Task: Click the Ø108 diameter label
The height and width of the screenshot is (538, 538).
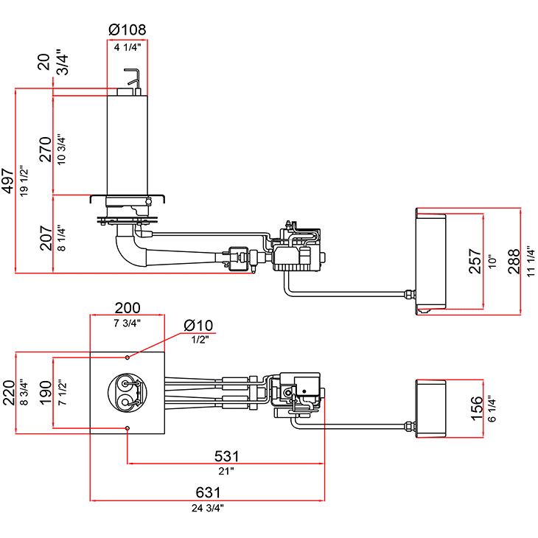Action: (x=127, y=30)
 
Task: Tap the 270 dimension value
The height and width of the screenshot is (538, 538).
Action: (x=45, y=149)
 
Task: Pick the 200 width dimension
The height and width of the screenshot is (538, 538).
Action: (x=127, y=308)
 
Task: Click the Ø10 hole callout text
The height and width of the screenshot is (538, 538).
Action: (x=198, y=325)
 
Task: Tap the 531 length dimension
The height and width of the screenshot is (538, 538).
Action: (x=226, y=456)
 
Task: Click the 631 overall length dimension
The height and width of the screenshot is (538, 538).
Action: (x=208, y=493)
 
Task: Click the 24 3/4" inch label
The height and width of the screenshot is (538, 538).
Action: (x=208, y=507)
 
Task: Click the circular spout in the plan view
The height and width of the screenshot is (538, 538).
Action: (x=127, y=391)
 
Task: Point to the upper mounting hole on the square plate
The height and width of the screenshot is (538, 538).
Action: (x=127, y=357)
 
